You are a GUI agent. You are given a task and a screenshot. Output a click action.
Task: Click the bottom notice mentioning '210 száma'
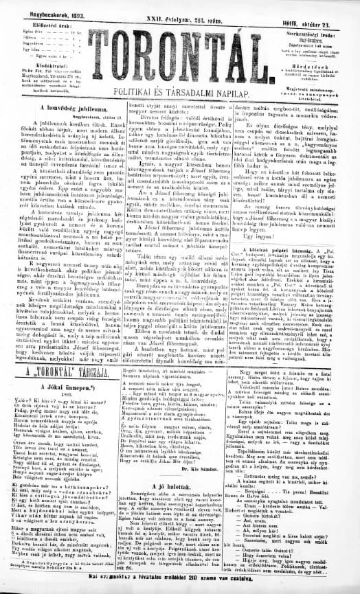click(180, 589)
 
